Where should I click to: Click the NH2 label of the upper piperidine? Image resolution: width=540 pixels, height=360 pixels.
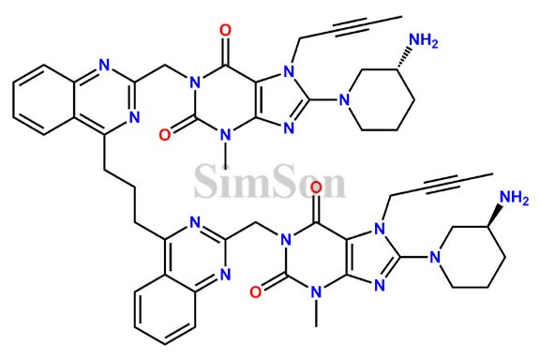426,39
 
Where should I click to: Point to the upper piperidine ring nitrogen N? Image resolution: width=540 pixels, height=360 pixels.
347,96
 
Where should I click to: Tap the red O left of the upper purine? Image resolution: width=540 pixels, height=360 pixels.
166,132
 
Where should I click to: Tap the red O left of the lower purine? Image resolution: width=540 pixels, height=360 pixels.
254,292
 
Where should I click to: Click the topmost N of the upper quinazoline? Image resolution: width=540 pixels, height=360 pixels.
104,66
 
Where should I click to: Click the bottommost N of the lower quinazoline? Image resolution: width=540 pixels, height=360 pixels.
224,275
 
